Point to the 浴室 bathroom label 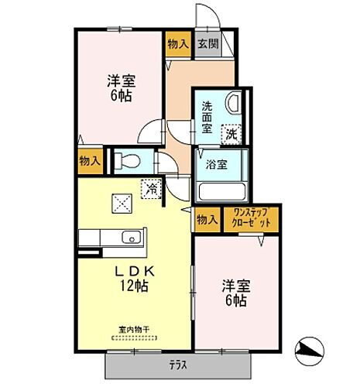coord(216,164)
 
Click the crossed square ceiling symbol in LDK coord(122,203)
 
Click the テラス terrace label coord(179,364)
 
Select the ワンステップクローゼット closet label coord(252,220)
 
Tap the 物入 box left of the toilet coord(90,161)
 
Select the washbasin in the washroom coord(233,103)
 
